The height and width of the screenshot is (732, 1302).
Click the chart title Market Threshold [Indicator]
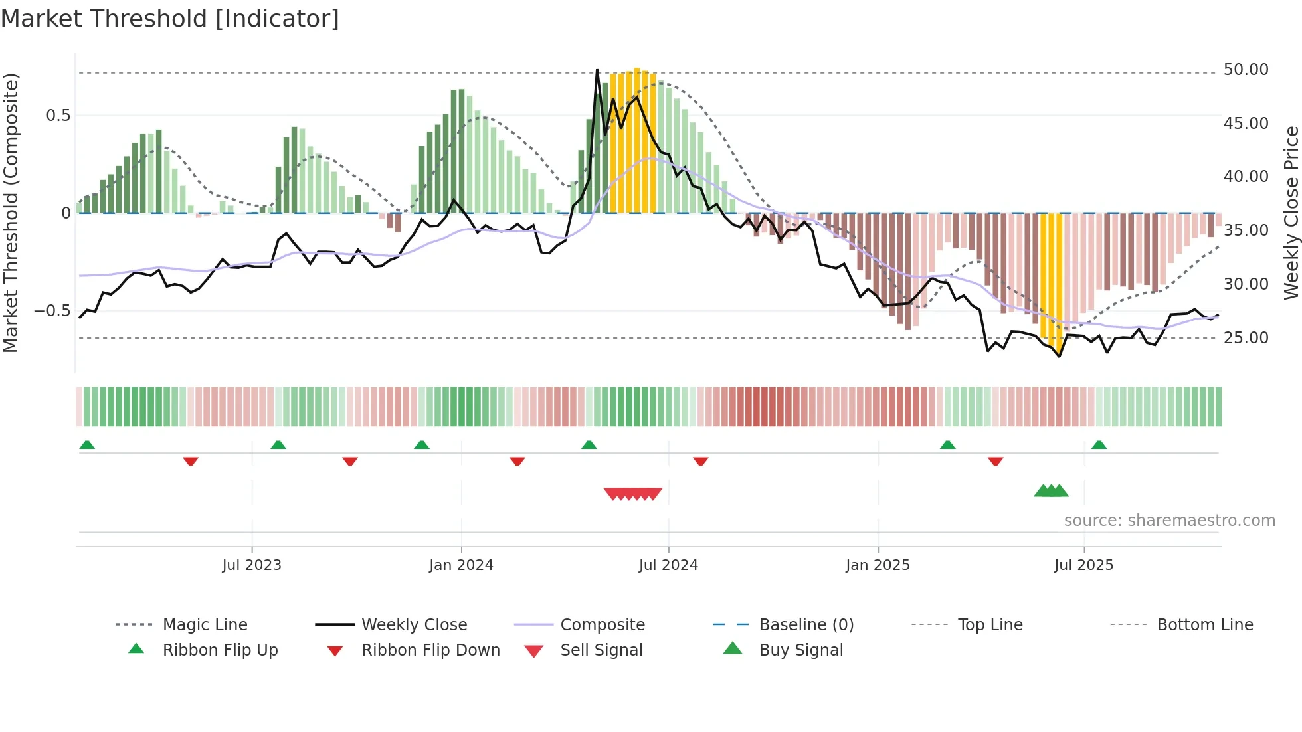tap(170, 19)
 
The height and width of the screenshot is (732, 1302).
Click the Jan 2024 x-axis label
tap(461, 565)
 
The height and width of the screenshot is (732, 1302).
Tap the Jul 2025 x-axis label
tap(1083, 565)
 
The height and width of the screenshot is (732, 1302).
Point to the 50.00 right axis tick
tap(1246, 70)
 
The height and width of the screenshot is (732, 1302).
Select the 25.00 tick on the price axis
tap(1246, 337)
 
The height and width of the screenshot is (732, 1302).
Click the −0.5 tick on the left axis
tap(52, 311)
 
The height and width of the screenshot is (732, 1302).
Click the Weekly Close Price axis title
tap(1291, 213)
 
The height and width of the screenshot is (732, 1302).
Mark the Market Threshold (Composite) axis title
tap(11, 213)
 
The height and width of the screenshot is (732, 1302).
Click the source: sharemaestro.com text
tap(1169, 520)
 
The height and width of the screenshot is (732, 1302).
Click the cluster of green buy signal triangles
tap(1051, 491)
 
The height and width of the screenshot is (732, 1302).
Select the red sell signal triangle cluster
tap(632, 494)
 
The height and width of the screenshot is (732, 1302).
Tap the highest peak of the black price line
tap(597, 70)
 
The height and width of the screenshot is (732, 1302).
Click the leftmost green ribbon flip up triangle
tap(87, 444)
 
